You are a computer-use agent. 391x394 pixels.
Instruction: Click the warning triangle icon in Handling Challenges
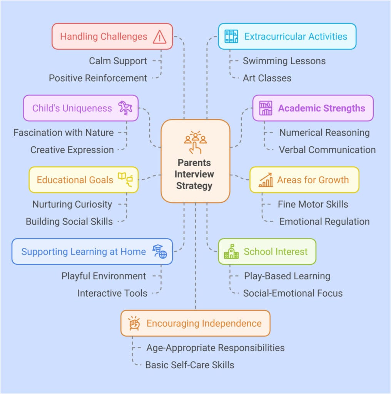click(x=159, y=37)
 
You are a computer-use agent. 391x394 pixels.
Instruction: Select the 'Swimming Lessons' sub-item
click(x=284, y=61)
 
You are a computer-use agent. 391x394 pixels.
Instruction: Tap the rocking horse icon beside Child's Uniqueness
click(x=125, y=108)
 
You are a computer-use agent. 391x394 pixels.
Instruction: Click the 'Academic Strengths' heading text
click(x=321, y=108)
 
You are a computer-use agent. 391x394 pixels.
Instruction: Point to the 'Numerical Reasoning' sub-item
click(x=324, y=133)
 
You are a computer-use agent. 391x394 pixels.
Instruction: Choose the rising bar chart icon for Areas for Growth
click(x=266, y=180)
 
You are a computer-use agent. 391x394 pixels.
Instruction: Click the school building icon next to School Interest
click(x=231, y=252)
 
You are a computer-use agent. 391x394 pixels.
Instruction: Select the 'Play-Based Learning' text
click(x=287, y=276)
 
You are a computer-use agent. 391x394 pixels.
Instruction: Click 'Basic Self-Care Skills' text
click(x=189, y=365)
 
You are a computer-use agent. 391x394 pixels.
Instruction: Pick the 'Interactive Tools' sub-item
click(x=112, y=293)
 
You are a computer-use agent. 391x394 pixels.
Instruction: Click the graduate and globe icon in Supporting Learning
click(x=160, y=252)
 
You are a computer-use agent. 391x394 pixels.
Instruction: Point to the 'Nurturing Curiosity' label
click(x=72, y=204)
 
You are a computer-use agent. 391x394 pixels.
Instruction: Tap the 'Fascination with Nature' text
click(x=63, y=133)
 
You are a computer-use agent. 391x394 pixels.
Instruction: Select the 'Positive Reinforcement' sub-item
click(x=98, y=78)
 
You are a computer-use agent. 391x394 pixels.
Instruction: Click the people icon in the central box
click(x=195, y=140)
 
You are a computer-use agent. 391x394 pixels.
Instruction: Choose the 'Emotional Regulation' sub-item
click(x=324, y=221)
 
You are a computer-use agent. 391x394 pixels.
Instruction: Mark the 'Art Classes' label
click(x=267, y=78)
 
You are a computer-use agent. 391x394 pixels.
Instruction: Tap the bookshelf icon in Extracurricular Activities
click(x=231, y=37)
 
